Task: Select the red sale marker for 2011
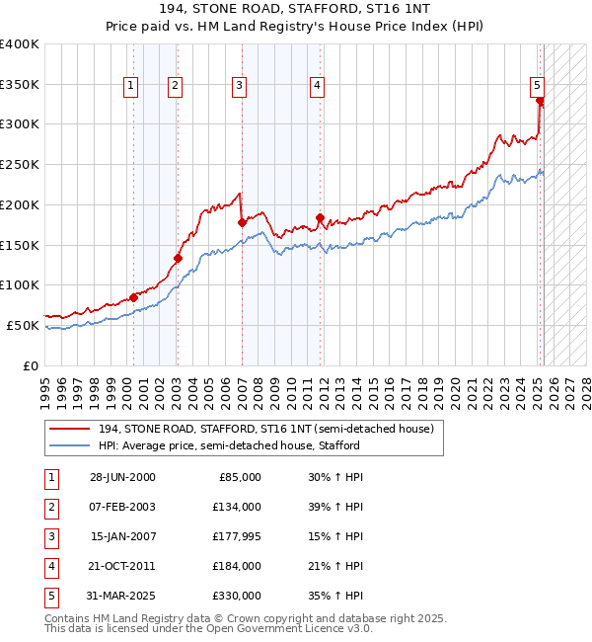coord(320,217)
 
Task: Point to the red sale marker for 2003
coord(178,259)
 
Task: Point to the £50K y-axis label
coord(23,325)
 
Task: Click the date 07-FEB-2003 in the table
coord(121,507)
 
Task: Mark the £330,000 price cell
coord(237,596)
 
